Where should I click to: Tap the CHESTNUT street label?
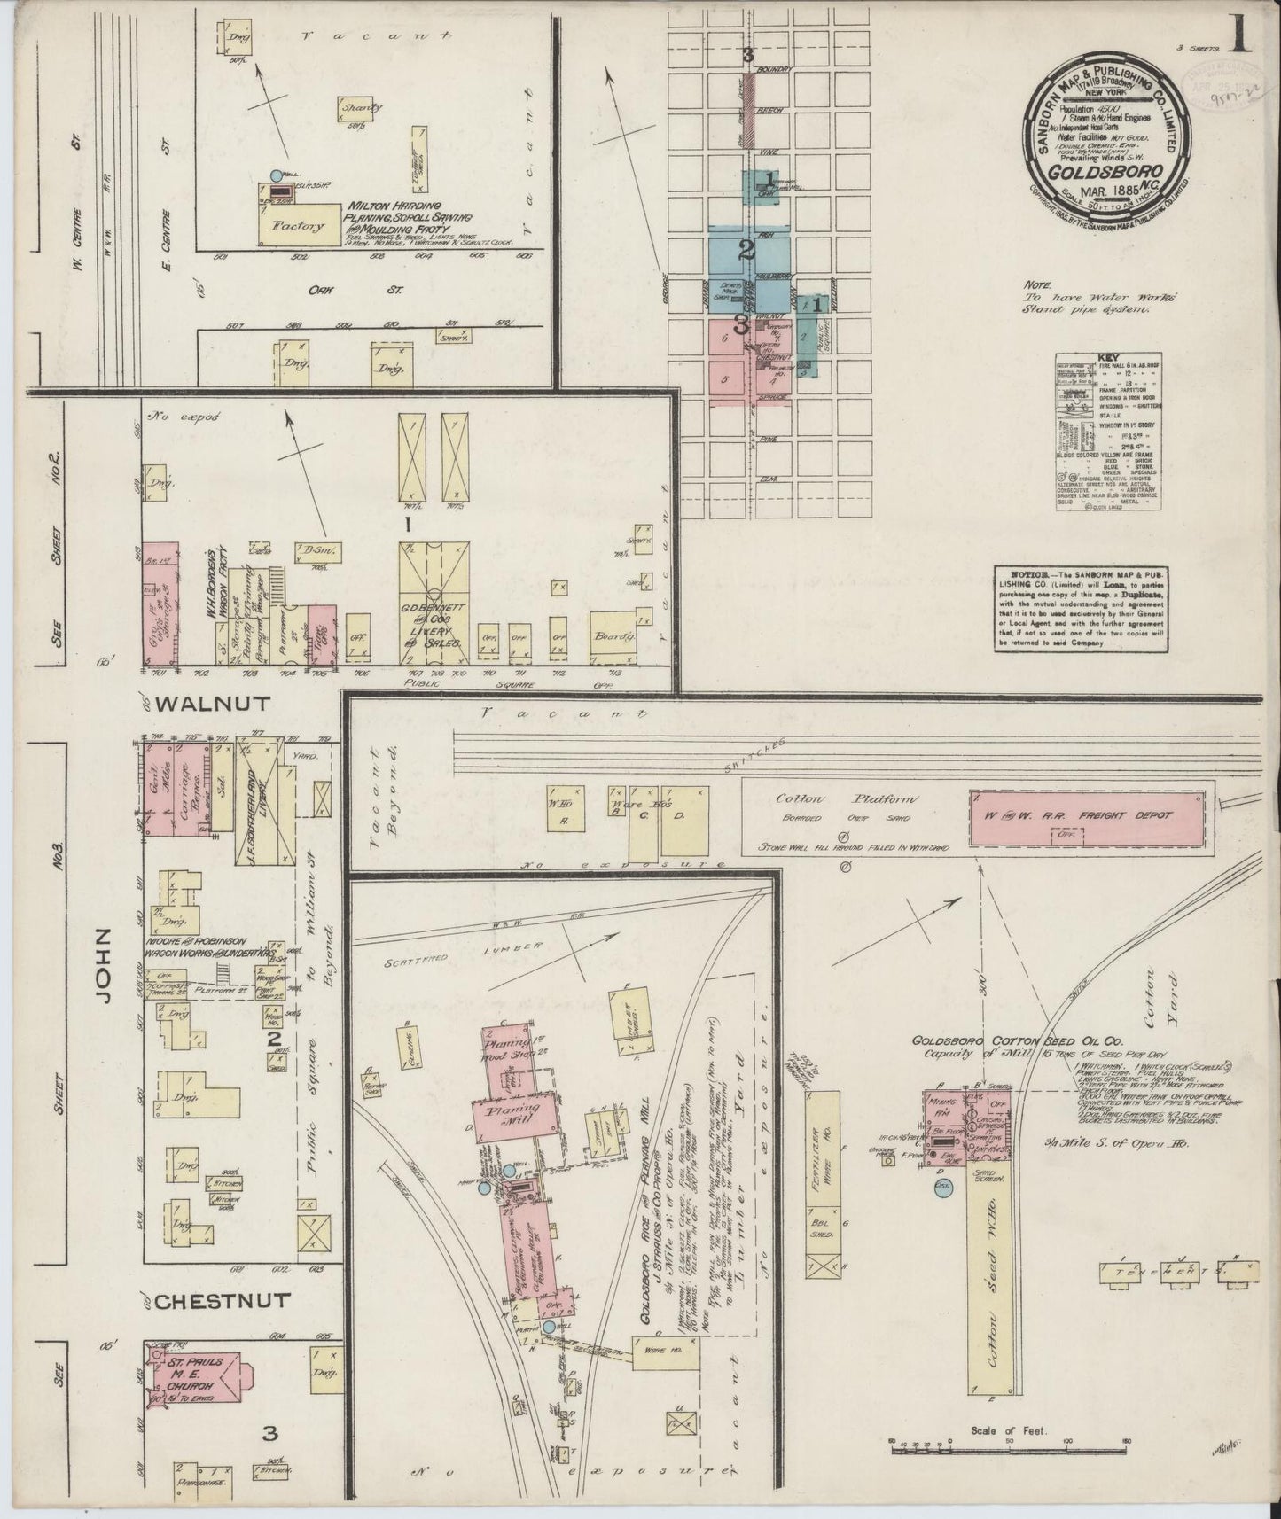pos(223,1301)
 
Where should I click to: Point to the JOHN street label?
pos(103,966)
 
